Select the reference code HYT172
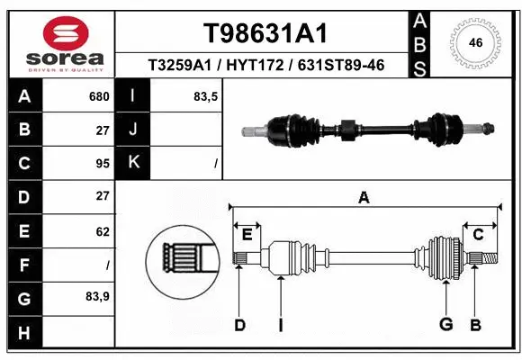pos(266,66)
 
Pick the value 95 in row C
pos(102,163)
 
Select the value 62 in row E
pos(102,231)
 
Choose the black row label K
pos(133,163)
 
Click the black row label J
pos(133,130)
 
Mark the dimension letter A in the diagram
pos(364,197)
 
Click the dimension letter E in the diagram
pos(247,235)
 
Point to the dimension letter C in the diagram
pos(478,235)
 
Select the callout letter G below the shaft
pos(445,324)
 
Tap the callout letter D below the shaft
pos(239,324)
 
